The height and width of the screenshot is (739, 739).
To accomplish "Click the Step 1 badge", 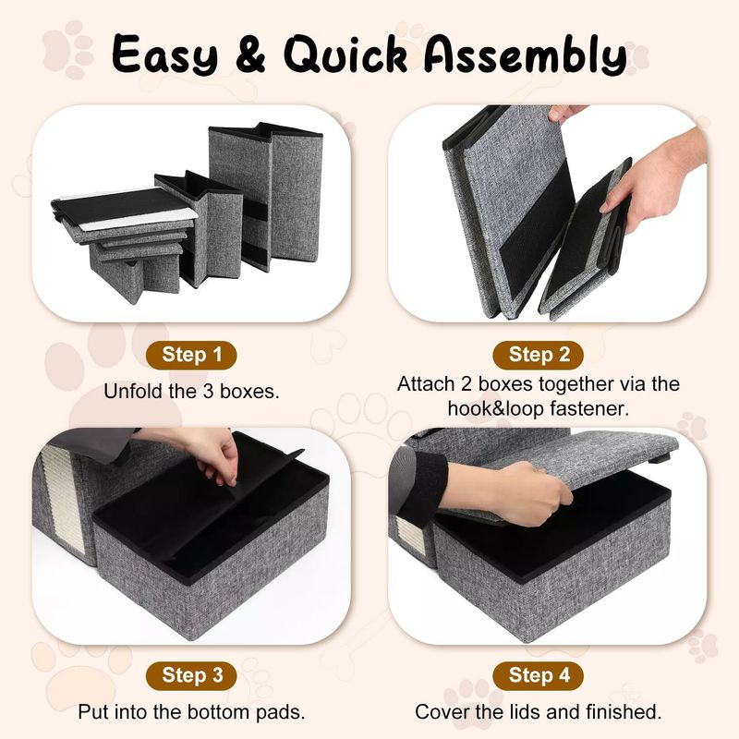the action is coord(191,355).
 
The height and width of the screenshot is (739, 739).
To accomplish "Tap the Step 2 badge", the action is coord(539,355).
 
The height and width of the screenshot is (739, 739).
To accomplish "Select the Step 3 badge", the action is coord(191,675).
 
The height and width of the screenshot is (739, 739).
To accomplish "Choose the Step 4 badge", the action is coord(539,675).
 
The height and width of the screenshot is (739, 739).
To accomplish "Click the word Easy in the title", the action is coord(165,55).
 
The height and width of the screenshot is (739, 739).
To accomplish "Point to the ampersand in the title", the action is coord(250,55).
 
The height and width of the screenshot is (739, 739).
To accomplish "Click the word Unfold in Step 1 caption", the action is coord(131,391).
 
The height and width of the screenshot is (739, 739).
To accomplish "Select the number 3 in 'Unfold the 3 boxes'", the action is coord(209,391).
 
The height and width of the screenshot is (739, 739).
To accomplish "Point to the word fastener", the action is coord(589,408).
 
